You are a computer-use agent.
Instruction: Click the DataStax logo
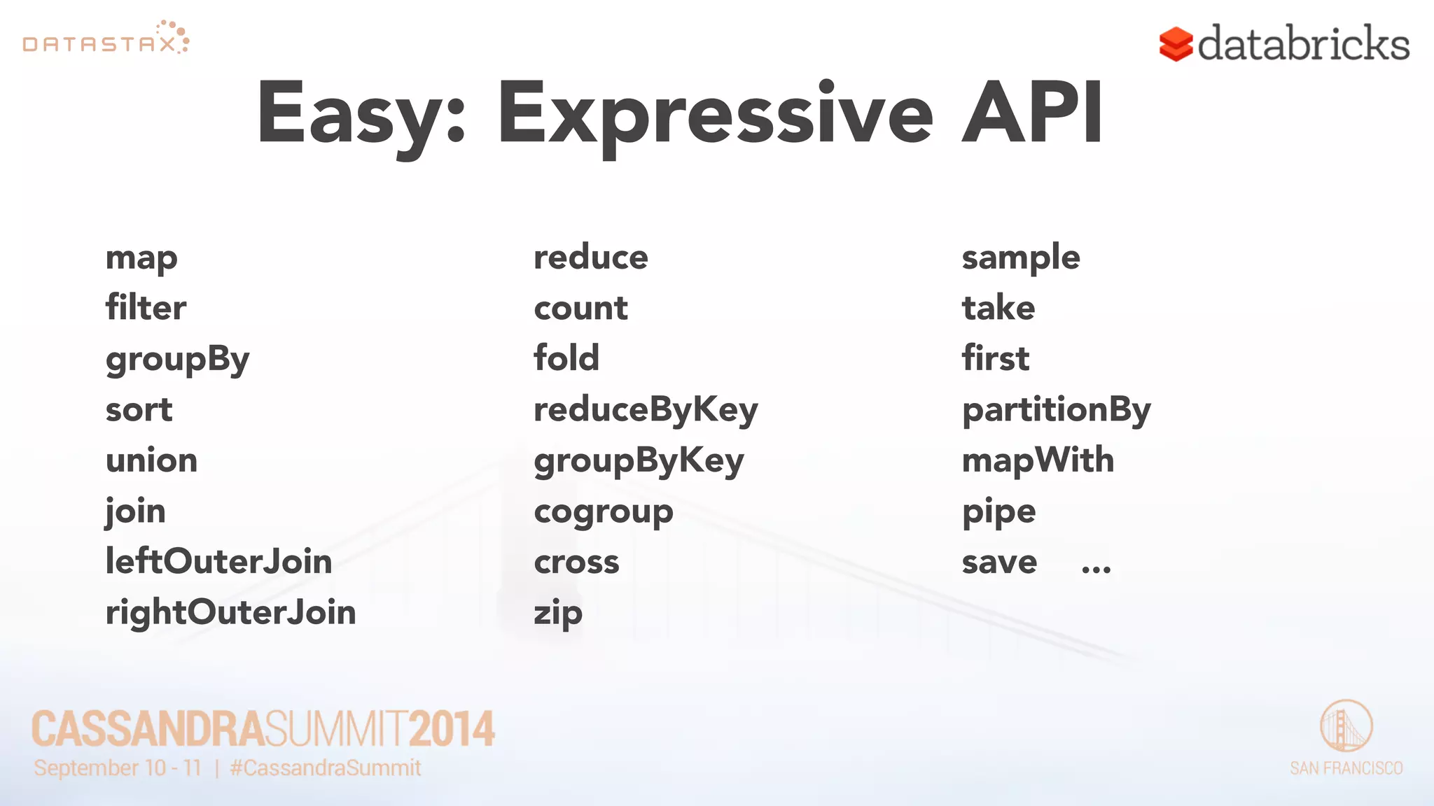point(105,39)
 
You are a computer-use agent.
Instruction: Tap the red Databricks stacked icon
point(1176,45)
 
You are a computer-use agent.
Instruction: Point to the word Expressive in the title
point(714,115)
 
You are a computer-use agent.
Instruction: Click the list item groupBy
point(177,360)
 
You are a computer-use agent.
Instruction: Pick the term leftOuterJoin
point(218,561)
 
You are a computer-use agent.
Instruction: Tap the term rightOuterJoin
point(230,612)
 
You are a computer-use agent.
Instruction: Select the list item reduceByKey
point(645,410)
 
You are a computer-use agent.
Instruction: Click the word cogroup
point(603,512)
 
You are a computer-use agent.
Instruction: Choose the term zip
point(557,614)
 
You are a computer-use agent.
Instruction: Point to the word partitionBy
point(1056,410)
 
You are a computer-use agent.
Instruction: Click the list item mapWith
point(1037,460)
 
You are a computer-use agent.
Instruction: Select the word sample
point(1020,258)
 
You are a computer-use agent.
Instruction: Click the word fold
point(566,358)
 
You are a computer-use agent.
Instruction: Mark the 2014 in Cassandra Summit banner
point(452,729)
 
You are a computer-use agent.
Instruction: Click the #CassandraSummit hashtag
point(326,768)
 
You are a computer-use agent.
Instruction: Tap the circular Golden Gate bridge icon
point(1346,726)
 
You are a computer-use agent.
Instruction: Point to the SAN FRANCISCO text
point(1346,768)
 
